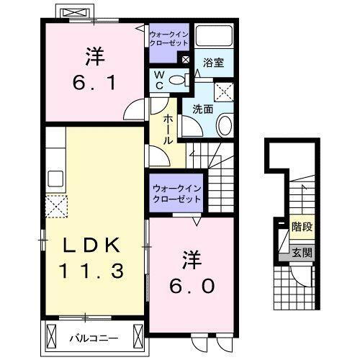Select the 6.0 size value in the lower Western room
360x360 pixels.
click(x=192, y=286)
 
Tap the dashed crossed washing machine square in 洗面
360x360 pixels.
click(x=225, y=91)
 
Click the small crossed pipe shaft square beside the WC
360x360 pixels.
click(x=186, y=60)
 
